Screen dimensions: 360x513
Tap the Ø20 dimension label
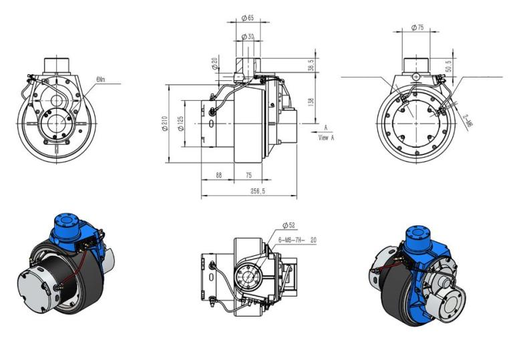point(214,64)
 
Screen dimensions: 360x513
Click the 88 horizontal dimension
point(218,175)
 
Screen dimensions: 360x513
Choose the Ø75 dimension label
point(418,27)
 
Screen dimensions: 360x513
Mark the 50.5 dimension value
point(449,66)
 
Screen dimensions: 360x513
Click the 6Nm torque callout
point(101,79)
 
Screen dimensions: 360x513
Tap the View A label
point(326,137)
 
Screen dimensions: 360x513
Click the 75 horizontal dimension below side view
point(248,175)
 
